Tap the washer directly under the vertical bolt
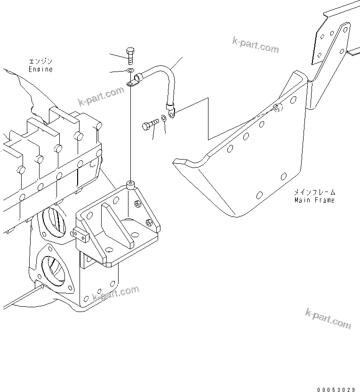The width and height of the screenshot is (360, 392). [130, 71]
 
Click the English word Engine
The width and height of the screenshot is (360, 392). [41, 69]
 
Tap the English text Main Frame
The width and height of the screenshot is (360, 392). [314, 200]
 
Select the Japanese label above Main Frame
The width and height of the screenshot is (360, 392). [314, 192]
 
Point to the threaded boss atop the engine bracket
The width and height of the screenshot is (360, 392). [130, 184]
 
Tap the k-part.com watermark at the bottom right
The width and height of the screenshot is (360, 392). [328, 319]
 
